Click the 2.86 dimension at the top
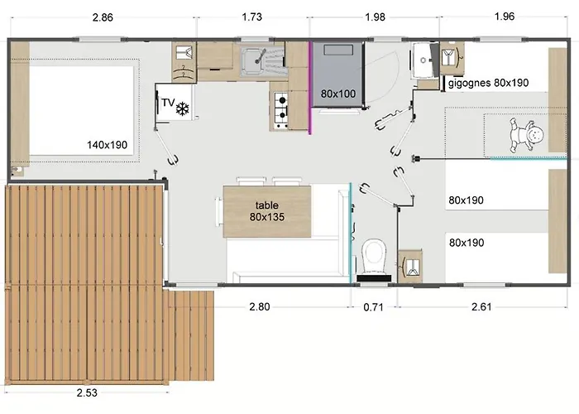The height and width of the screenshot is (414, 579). tap(103, 17)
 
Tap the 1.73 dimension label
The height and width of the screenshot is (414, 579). tap(251, 17)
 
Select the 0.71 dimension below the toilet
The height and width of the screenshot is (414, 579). tap(373, 307)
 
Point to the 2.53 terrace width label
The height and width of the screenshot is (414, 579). tap(87, 392)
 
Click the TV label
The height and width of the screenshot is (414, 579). tap(168, 103)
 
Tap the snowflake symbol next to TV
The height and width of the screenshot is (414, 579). tap(183, 108)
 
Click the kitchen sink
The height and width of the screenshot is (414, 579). tap(254, 60)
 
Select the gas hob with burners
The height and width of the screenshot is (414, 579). tap(281, 110)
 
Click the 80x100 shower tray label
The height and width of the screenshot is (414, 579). tap(337, 94)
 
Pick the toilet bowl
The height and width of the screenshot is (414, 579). tap(374, 255)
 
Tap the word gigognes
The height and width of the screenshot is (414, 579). tap(469, 83)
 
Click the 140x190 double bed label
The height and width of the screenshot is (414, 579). tap(107, 145)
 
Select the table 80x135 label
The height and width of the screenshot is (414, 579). tap(267, 211)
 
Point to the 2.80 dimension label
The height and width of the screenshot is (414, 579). tap(260, 307)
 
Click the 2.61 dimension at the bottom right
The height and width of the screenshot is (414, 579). tap(481, 307)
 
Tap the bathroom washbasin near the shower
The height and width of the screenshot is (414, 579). tap(423, 60)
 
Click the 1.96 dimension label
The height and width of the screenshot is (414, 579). tap(504, 17)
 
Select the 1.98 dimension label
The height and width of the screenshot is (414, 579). tap(375, 17)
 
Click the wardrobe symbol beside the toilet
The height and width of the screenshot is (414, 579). tap(410, 266)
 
